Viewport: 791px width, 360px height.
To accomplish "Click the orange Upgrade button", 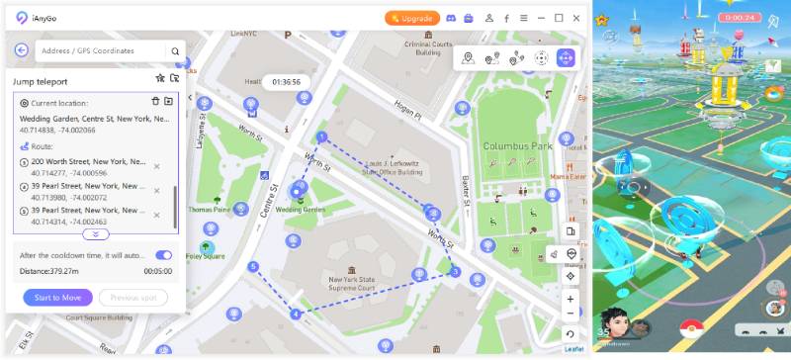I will coord(411,18).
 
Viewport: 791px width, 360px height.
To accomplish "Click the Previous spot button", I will coord(132,297).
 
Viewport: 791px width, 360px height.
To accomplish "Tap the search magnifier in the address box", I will coord(175,51).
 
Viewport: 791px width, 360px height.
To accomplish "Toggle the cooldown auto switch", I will coord(163,255).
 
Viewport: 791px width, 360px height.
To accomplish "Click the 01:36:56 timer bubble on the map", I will coord(287,82).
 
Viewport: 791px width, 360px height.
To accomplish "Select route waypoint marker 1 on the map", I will coord(321,136).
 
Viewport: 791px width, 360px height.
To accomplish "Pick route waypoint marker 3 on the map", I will coord(455,271).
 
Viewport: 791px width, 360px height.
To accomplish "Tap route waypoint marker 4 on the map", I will coord(295,314).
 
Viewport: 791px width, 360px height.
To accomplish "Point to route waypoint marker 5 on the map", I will coord(253,266).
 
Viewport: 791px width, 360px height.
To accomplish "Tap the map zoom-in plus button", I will coord(571,299).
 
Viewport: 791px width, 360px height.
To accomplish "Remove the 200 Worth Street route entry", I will coord(156,165).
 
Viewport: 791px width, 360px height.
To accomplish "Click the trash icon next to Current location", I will coord(155,102).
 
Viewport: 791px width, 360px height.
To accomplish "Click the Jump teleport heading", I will coord(40,81).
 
